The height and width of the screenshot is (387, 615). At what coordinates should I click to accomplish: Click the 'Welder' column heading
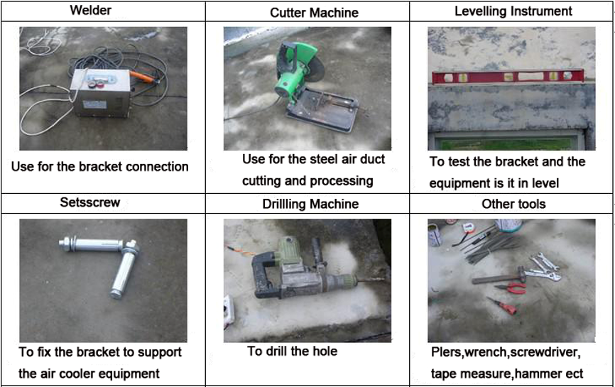coord(90,10)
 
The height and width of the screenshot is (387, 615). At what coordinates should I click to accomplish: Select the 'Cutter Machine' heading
coord(314,13)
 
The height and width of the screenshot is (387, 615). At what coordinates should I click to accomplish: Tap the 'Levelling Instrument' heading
coord(513,11)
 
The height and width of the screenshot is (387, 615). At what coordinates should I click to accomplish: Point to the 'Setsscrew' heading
coord(89,202)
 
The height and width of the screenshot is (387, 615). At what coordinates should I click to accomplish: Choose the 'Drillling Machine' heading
coord(310,204)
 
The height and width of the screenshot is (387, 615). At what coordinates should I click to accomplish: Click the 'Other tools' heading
coord(513,204)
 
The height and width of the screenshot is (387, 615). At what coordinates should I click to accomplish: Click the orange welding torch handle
coord(142,77)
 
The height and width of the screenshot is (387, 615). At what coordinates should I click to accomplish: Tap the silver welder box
coord(101,92)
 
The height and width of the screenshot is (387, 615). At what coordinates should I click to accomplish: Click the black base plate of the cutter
coord(322,109)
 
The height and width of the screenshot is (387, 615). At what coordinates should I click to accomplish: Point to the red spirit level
coord(508,77)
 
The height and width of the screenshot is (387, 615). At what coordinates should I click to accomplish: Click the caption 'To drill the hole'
coord(292,351)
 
